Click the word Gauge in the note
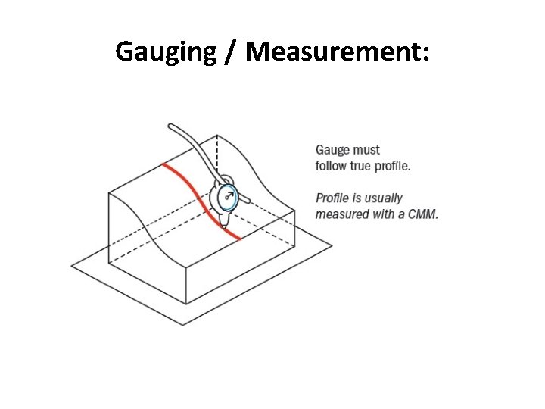333,151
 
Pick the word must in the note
367,151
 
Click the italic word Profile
331,198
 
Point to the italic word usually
381,198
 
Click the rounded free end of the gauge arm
173,126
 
